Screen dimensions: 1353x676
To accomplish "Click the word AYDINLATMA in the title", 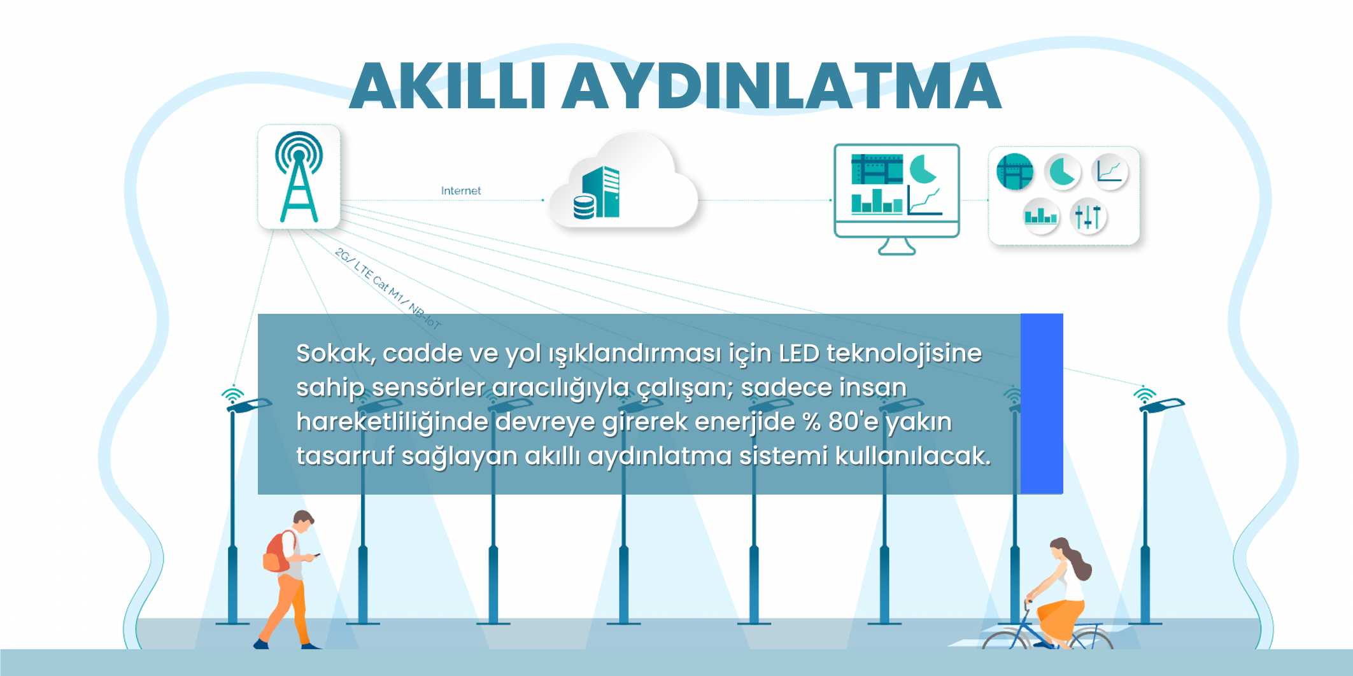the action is pos(782,86).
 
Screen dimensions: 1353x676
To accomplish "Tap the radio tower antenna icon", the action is pos(299,176).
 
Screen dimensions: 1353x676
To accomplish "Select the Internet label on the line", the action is pos(461,190).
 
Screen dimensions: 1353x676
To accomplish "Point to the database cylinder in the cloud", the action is pos(584,207).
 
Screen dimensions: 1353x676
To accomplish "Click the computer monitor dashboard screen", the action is pos(896,184).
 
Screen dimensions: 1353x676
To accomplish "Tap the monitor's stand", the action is pos(896,246).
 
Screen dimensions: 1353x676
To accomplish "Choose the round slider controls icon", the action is pos(1088,216).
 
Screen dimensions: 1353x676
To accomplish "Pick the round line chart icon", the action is pos(1109,172).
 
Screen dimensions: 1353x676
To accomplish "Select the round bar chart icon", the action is pos(1040,216).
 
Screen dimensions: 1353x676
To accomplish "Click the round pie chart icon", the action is pos(1062,172).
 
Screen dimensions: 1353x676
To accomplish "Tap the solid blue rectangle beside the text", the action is pos(1042,404).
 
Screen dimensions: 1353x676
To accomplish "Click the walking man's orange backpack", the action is pos(276,553).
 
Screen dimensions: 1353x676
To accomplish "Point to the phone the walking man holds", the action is pos(316,554).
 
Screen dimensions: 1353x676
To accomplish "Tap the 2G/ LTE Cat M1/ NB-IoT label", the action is pos(388,288).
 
